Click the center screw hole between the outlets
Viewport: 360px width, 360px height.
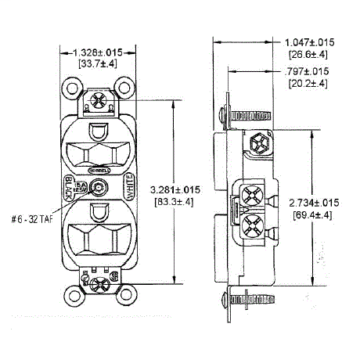pyautogui.click(x=99, y=188)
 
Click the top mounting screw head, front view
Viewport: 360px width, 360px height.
pyautogui.click(x=99, y=101)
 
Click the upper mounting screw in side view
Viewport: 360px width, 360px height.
pyautogui.click(x=239, y=114)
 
